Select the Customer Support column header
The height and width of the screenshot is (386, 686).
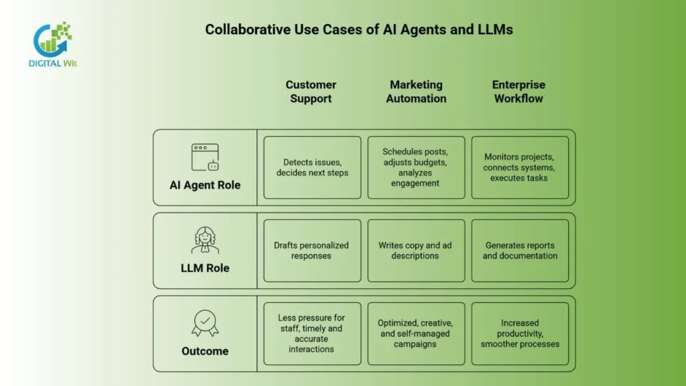tap(310, 92)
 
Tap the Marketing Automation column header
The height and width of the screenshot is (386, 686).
tap(416, 92)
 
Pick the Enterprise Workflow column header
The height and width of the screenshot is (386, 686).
tap(519, 92)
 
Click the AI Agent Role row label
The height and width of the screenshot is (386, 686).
tap(205, 185)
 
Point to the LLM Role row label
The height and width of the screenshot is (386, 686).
tap(205, 268)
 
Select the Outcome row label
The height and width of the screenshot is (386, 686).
tap(205, 351)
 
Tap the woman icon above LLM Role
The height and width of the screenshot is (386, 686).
tap(205, 240)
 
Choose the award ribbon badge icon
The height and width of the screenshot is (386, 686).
tap(205, 323)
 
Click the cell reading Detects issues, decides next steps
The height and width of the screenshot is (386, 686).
tap(312, 168)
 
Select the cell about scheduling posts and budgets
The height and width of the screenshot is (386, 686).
tap(416, 168)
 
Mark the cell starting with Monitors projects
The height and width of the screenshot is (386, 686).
tap(520, 168)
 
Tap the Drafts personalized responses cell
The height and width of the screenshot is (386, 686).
tap(312, 251)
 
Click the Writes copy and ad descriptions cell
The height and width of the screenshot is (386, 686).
tap(416, 251)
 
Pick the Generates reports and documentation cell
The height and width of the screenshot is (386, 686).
tap(520, 251)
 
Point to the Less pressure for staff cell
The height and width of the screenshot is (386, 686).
tap(312, 334)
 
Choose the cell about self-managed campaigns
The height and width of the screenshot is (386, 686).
tap(416, 334)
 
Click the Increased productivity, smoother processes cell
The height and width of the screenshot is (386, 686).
tap(520, 334)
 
